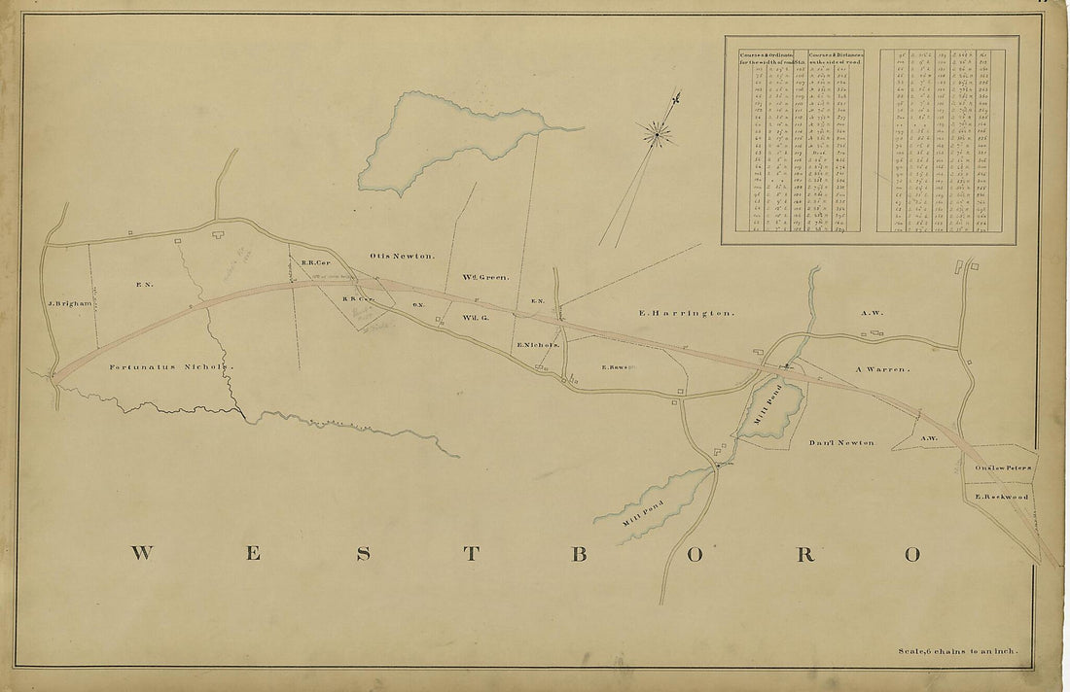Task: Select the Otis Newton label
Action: pos(401,256)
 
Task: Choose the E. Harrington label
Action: pos(686,313)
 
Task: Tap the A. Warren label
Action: pos(881,369)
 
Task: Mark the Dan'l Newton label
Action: pos(841,442)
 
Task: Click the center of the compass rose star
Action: pos(660,133)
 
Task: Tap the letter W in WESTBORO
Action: pos(143,554)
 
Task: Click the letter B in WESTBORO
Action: pos(578,554)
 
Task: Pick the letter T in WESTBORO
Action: pos(471,554)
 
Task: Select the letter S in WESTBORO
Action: pos(363,554)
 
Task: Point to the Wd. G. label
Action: pos(473,317)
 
